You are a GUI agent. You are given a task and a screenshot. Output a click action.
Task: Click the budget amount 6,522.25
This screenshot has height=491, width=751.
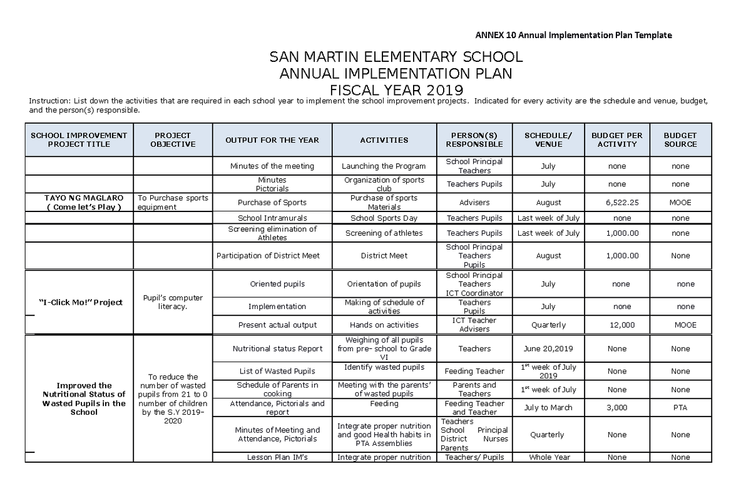pyautogui.click(x=617, y=203)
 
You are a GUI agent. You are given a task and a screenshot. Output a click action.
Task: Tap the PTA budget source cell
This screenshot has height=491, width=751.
pyautogui.click(x=680, y=408)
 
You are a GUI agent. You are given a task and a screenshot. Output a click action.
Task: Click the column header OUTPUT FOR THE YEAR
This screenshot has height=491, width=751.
pyautogui.click(x=272, y=140)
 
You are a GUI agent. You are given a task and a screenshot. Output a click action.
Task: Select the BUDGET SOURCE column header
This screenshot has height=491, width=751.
pyautogui.click(x=680, y=140)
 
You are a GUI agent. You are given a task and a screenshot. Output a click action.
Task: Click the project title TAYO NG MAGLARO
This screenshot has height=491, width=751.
pyautogui.click(x=79, y=198)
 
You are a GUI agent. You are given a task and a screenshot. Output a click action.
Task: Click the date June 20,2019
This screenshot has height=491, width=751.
pyautogui.click(x=548, y=349)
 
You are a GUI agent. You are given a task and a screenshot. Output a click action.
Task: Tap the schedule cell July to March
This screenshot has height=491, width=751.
pyautogui.click(x=548, y=408)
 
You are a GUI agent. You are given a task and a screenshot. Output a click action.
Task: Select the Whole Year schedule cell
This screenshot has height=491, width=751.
pyautogui.click(x=548, y=457)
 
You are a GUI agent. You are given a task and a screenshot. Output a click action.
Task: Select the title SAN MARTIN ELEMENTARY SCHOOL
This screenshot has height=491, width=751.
pyautogui.click(x=396, y=58)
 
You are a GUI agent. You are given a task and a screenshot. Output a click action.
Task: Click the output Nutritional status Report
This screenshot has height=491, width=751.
pyautogui.click(x=277, y=349)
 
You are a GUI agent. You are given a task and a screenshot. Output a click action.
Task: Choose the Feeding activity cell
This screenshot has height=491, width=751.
pyautogui.click(x=384, y=404)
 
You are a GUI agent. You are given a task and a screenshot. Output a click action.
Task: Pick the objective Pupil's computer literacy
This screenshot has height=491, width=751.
pyautogui.click(x=173, y=303)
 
